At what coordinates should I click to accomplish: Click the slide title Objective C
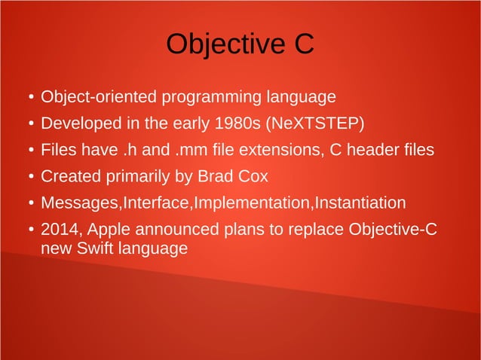(240, 44)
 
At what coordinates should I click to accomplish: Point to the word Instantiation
(359, 203)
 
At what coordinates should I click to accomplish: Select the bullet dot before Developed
(29, 124)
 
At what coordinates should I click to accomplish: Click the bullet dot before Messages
(29, 204)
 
